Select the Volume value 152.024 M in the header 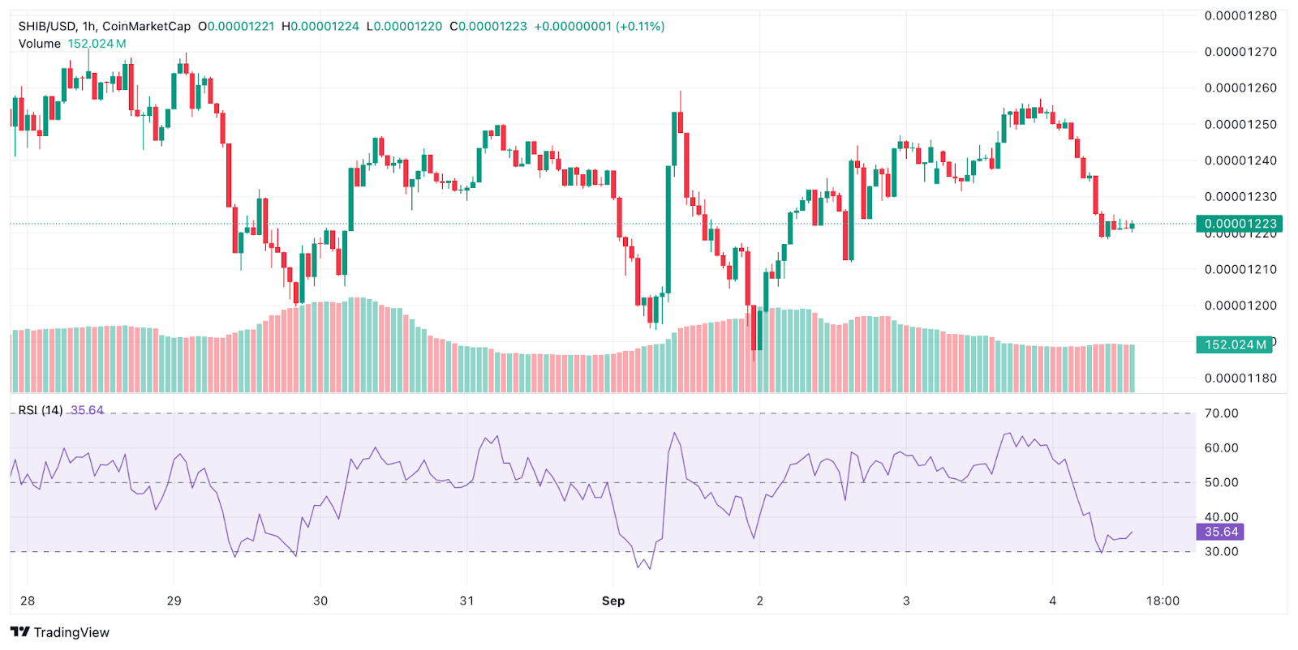tap(97, 44)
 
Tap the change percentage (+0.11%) tap(640, 27)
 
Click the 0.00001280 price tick tap(1240, 15)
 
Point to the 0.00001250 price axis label tap(1240, 124)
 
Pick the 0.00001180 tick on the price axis tap(1240, 378)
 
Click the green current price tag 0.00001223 tap(1239, 224)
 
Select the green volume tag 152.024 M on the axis tap(1235, 344)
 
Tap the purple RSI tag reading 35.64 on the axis tap(1220, 532)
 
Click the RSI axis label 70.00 tap(1221, 413)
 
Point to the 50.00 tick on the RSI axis tap(1221, 482)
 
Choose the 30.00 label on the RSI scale tap(1221, 551)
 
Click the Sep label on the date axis tap(613, 601)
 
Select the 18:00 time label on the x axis tap(1163, 601)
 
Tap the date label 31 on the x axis tap(466, 601)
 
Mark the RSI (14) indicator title tap(41, 410)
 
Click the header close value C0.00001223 tap(489, 27)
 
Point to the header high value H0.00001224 tap(320, 27)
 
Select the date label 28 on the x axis tap(28, 601)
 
